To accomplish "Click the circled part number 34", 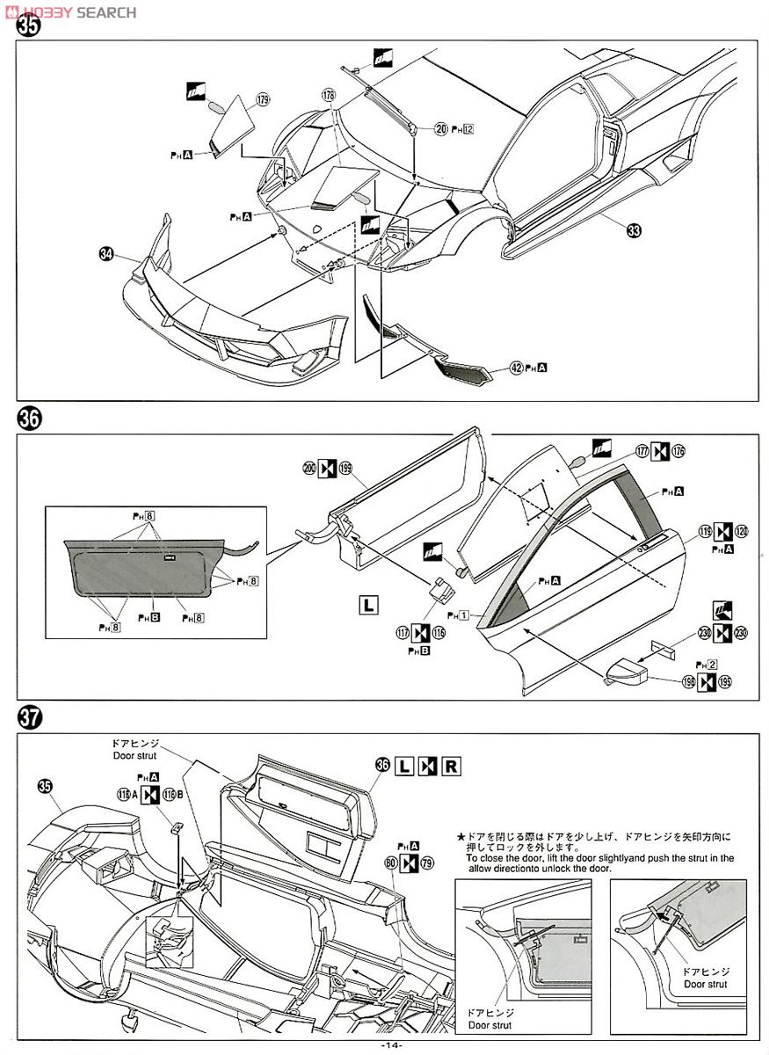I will point(106,254).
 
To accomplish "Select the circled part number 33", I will point(634,231).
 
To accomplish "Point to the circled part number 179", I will point(262,100).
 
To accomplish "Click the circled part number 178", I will point(329,94).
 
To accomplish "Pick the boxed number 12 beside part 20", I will point(468,129).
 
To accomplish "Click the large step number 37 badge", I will point(30,718).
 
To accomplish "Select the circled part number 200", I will point(309,469).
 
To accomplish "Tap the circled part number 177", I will point(642,451).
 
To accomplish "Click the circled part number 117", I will point(402,632).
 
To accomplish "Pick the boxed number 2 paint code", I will point(713,665).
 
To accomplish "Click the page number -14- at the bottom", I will point(390,1044).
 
